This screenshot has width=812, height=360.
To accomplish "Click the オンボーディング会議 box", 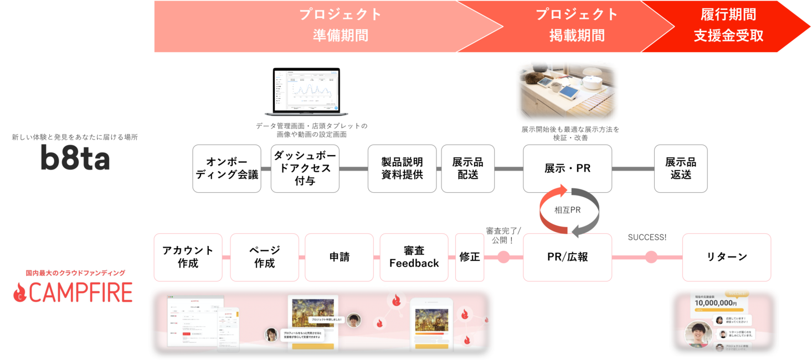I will click(x=227, y=168).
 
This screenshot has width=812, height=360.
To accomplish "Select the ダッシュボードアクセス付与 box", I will click(x=305, y=168).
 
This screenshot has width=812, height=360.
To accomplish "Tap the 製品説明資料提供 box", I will click(x=402, y=168).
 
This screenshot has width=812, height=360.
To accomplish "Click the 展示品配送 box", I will click(x=467, y=168).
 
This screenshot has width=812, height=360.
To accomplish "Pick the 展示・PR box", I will click(x=567, y=168).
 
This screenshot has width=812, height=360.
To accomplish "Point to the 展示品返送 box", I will click(x=681, y=168).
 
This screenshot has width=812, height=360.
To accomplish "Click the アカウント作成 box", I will click(x=188, y=257).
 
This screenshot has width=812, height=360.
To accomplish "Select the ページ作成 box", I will click(x=264, y=257).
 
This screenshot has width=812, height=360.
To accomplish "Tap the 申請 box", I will click(x=339, y=257).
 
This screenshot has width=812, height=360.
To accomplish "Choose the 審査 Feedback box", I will click(x=414, y=257).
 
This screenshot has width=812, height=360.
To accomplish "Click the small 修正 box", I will click(x=469, y=257).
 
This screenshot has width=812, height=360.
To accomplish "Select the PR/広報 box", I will click(x=567, y=257).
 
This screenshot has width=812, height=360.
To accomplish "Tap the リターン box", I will click(x=726, y=257).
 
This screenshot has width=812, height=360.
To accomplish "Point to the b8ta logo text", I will click(x=75, y=160).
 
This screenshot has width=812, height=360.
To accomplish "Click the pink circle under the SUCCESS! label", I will click(x=651, y=257).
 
